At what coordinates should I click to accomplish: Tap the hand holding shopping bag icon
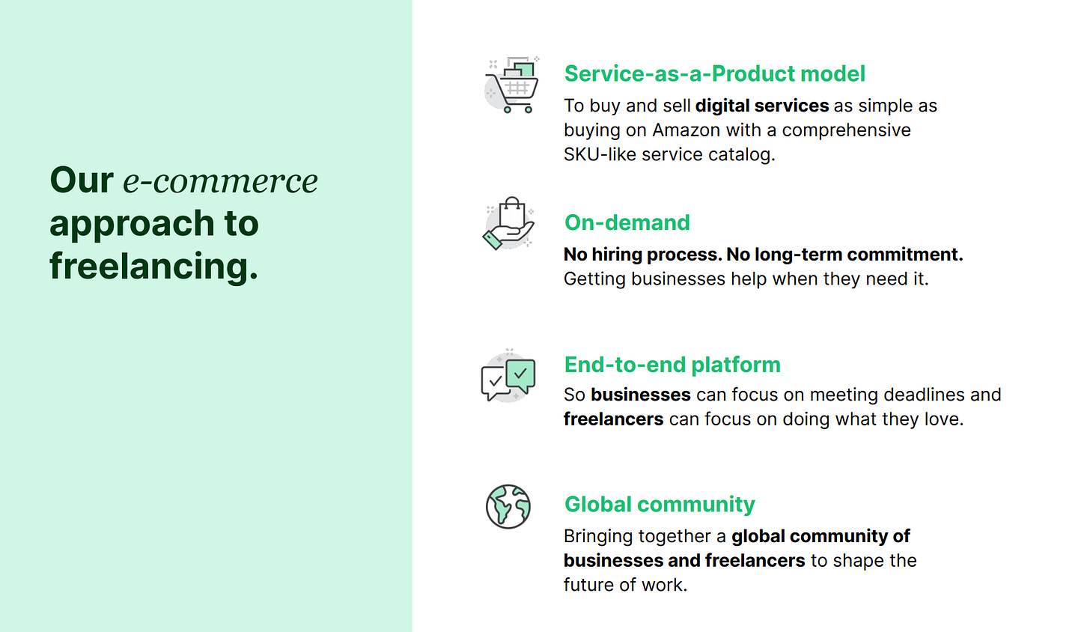(x=508, y=223)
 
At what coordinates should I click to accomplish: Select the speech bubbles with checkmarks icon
(x=508, y=376)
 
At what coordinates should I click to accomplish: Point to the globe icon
(x=508, y=506)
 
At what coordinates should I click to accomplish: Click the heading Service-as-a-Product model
(x=714, y=74)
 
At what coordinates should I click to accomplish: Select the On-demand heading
(x=627, y=222)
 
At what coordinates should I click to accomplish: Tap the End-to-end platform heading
(x=672, y=365)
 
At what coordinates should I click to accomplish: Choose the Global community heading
(x=660, y=505)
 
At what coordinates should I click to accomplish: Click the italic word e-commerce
(x=220, y=180)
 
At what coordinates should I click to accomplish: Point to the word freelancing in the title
(x=153, y=266)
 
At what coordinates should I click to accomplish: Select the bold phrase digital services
(x=762, y=106)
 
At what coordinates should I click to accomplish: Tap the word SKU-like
(x=600, y=154)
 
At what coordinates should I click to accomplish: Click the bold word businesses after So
(x=640, y=395)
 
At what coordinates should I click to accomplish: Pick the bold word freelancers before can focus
(x=613, y=419)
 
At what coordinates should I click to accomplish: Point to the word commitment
(x=905, y=255)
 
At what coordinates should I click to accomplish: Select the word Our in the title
(x=82, y=180)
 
